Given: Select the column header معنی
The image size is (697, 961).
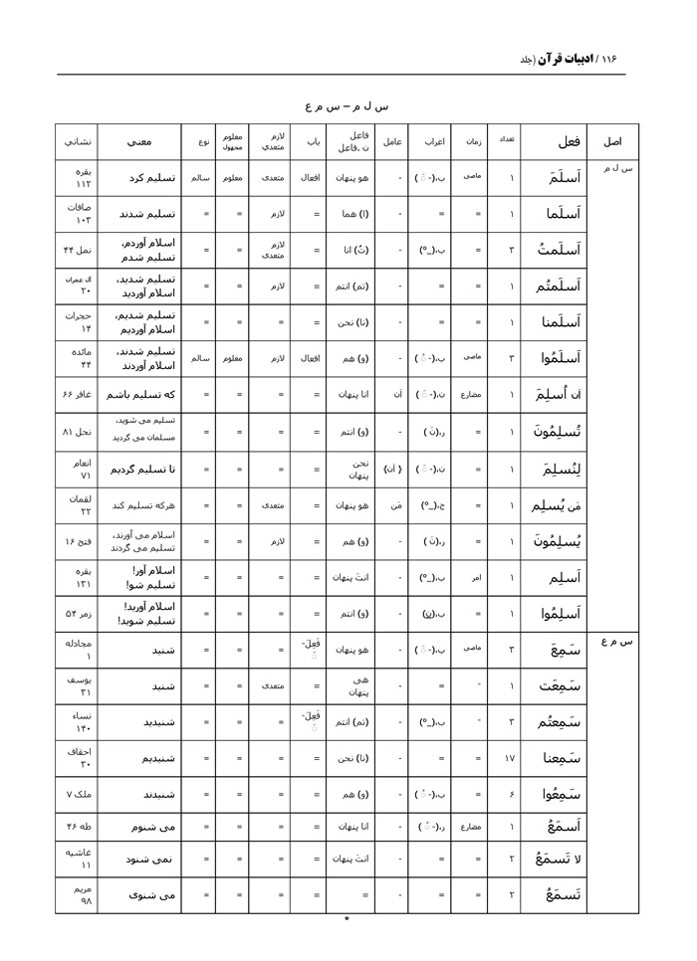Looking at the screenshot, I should click(138, 142).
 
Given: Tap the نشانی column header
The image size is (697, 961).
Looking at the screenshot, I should click(76, 142).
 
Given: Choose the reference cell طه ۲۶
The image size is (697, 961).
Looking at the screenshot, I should click(77, 827).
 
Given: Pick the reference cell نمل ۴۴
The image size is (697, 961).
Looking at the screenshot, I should click(77, 249).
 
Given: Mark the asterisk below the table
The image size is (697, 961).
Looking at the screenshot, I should click(347, 920).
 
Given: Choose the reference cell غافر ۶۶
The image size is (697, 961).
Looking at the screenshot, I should click(77, 394).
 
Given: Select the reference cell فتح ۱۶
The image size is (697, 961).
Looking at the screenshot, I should click(77, 541).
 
